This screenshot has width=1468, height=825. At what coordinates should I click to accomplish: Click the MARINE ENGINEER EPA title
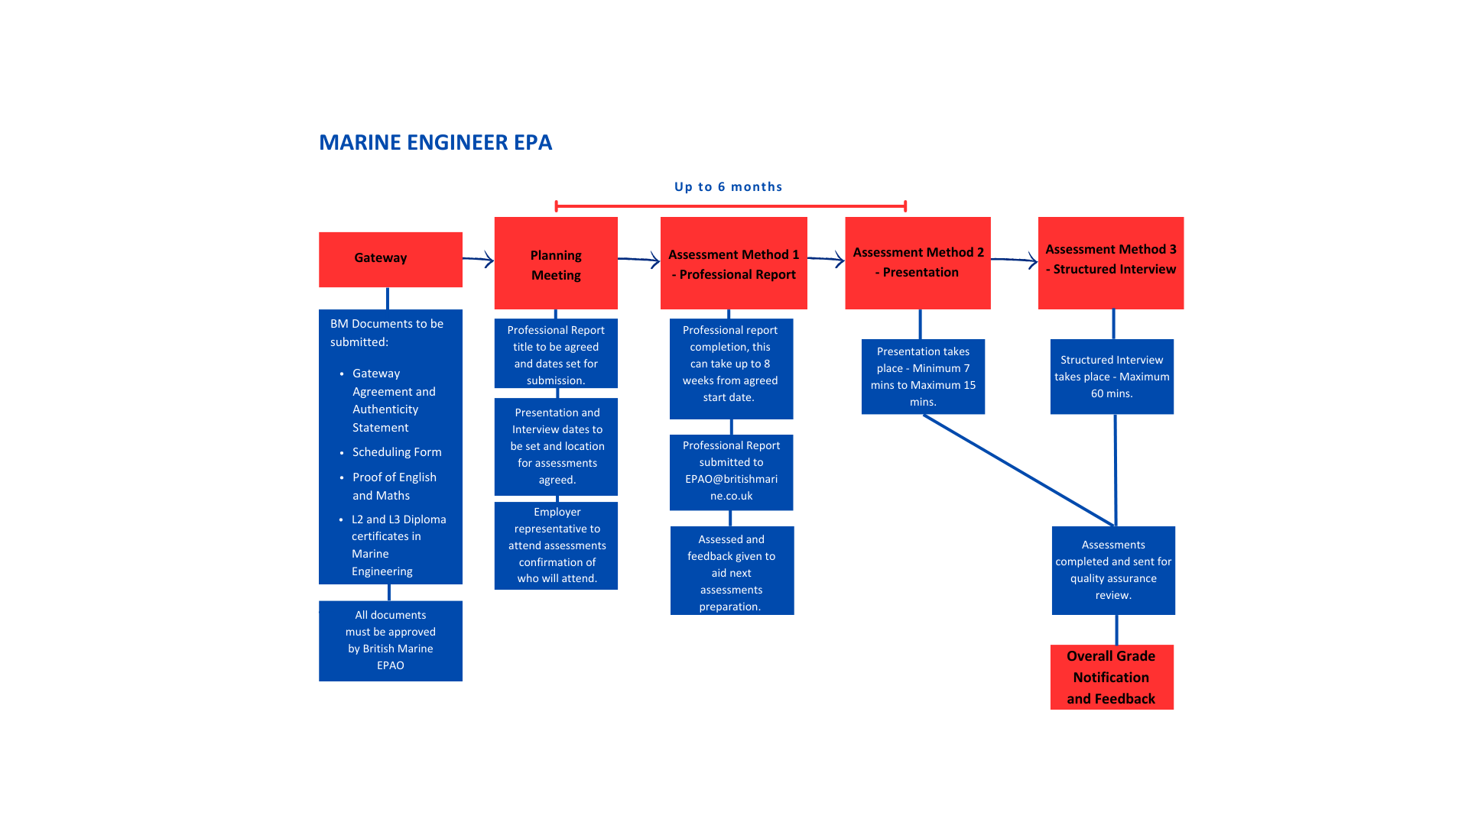(435, 143)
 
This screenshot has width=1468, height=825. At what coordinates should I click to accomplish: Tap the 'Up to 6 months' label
(728, 187)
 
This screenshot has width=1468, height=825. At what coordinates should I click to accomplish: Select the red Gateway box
(390, 259)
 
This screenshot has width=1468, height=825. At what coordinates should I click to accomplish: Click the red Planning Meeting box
(556, 264)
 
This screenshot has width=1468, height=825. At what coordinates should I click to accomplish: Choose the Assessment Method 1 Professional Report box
(733, 264)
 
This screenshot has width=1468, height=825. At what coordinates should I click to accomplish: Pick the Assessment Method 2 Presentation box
(917, 263)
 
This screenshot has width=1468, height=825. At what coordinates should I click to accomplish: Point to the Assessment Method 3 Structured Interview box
(1110, 263)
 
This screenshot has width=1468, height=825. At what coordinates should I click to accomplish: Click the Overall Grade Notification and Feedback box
(1111, 677)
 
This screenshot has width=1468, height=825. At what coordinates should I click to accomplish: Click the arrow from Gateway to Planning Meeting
(479, 260)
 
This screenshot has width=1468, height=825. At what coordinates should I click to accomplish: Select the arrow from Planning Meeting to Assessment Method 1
(639, 260)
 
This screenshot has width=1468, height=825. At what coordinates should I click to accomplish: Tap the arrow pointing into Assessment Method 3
(1015, 260)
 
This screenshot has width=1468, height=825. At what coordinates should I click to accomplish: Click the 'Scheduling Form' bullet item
(397, 452)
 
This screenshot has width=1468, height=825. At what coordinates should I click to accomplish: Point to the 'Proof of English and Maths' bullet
(394, 487)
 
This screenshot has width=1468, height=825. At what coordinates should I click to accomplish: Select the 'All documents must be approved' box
(390, 640)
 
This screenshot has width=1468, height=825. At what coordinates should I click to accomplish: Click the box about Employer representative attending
(556, 545)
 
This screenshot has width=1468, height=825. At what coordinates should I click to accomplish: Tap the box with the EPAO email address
(731, 471)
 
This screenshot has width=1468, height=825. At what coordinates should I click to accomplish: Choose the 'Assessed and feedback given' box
(732, 571)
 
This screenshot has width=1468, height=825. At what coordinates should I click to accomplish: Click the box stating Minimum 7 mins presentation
(923, 377)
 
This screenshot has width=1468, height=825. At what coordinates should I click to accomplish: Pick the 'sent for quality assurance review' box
(1113, 570)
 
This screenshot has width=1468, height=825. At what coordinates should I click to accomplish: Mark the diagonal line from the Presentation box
(1018, 471)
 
